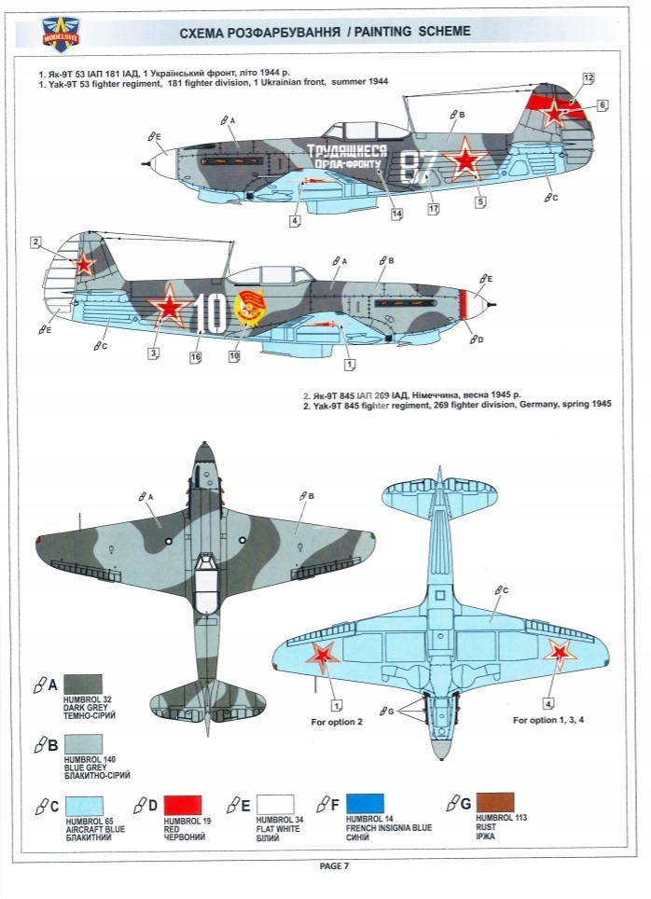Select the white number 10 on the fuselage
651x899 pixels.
tap(212, 314)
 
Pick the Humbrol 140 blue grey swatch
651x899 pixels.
tap(82, 745)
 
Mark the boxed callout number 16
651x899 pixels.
tap(196, 357)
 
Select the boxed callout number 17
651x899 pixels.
tap(434, 209)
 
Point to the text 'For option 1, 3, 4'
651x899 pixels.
tap(549, 720)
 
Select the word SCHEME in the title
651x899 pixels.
tap(435, 32)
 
